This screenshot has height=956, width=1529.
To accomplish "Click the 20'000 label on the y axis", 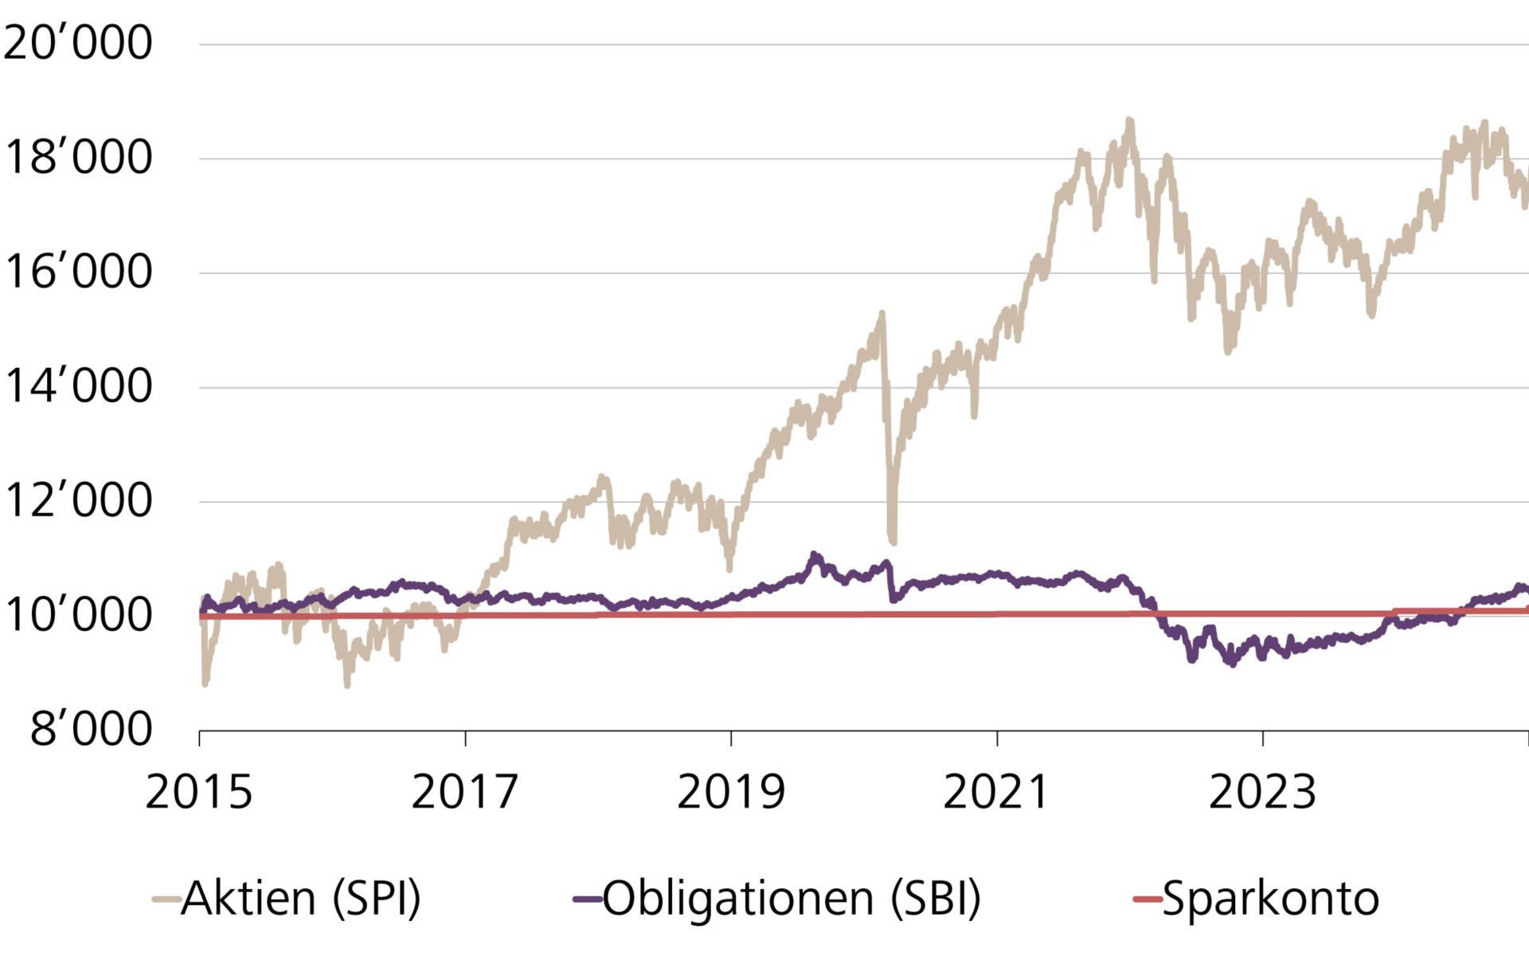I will [x=77, y=43].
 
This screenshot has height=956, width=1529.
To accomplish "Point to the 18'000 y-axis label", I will [x=77, y=158].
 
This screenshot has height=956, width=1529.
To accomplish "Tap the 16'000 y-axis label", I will [x=77, y=272].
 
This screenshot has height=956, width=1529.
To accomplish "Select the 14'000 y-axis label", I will [x=77, y=387].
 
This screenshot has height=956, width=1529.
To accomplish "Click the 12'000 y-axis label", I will [x=77, y=501].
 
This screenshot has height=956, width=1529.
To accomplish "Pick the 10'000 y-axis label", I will [x=77, y=616].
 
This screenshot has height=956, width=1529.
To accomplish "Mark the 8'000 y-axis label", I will [x=91, y=730].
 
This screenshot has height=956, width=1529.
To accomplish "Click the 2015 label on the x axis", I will [x=199, y=792].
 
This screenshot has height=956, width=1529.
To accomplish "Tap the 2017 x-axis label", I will [x=465, y=792].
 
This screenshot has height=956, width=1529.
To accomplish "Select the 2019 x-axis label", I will [x=731, y=792].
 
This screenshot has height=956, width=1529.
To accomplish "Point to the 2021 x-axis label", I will [x=996, y=792].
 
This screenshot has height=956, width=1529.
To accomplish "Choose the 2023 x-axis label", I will [x=1262, y=792].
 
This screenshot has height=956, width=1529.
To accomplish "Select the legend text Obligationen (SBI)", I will [x=792, y=899].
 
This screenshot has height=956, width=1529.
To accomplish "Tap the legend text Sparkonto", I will [x=1271, y=899].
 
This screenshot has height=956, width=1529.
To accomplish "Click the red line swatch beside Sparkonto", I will [x=1148, y=899].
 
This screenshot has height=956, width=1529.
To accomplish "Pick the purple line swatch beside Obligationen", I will [x=587, y=899].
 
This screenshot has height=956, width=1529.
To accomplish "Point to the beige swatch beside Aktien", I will [x=166, y=899].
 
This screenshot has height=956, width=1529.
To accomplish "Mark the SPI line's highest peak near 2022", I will [x=1129, y=122].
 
